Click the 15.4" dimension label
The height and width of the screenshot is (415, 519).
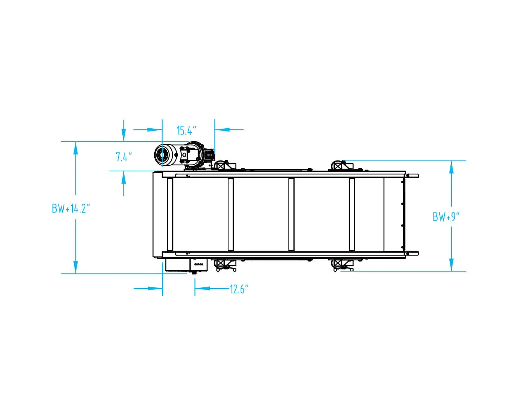(186, 130)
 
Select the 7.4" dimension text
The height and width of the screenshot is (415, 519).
(124, 157)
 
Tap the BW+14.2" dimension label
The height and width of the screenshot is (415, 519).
(71, 208)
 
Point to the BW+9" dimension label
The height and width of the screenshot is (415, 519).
(446, 217)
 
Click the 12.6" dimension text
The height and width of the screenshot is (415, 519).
(239, 289)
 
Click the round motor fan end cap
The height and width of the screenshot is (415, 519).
(162, 154)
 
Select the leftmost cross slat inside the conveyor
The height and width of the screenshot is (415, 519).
(170, 214)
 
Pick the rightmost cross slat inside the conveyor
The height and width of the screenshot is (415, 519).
(352, 214)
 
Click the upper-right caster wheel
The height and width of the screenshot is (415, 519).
(337, 165)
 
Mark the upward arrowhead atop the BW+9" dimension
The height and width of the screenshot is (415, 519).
(451, 167)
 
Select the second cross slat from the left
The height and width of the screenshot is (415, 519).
(230, 214)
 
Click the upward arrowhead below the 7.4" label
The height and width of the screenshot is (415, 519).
(123, 178)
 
